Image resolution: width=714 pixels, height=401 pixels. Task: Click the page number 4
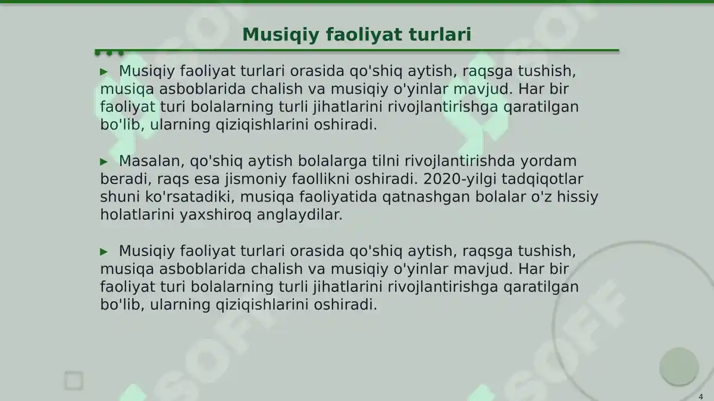coord(700,396)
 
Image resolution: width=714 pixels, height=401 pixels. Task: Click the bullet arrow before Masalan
coord(104,162)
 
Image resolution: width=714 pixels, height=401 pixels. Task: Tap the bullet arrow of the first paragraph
coord(104,71)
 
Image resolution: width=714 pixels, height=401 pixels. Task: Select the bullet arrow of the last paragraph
coord(104,251)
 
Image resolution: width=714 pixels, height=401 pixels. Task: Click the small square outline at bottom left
coord(74,381)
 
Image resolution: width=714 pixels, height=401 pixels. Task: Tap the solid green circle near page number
coord(678,366)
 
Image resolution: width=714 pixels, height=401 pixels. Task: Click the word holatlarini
coord(137,214)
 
